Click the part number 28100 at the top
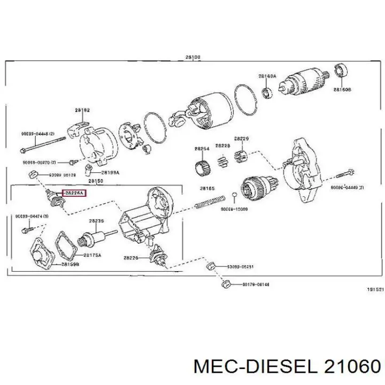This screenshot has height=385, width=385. point(193,57)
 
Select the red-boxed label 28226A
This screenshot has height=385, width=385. point(74,193)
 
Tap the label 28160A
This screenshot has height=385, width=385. point(267,76)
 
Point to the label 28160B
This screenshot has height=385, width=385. point(342,90)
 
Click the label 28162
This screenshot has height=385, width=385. point(82,110)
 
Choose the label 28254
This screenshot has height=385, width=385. point(202,148)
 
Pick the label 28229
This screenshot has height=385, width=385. point(242,138)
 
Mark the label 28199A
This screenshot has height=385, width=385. point(111,172)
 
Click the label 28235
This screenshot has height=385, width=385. point(96,220)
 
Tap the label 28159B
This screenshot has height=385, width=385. point(70,264)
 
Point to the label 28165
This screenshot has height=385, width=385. point(207,188)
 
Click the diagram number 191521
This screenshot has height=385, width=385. point(375,289)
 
